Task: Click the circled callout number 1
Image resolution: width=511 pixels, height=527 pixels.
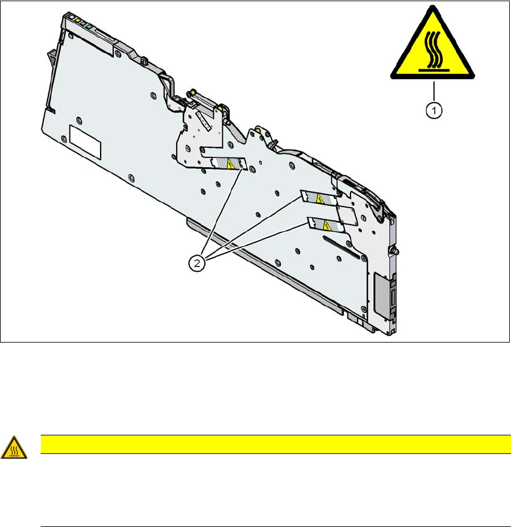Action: [x=434, y=110]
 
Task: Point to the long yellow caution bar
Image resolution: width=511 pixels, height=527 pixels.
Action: [x=275, y=444]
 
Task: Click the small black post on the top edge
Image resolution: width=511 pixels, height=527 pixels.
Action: [x=144, y=60]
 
